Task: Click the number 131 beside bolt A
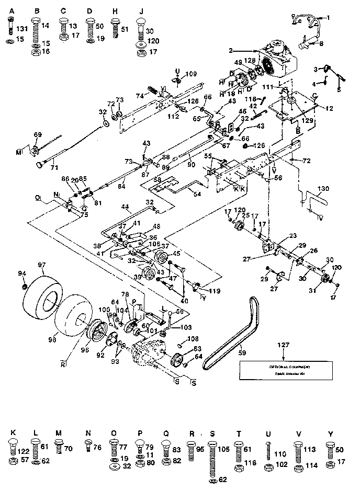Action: [21, 30]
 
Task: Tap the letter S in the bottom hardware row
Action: [212, 433]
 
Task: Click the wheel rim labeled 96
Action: [96, 333]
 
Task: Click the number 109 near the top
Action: [191, 74]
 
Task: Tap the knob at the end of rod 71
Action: [38, 165]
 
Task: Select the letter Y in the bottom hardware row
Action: [329, 433]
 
